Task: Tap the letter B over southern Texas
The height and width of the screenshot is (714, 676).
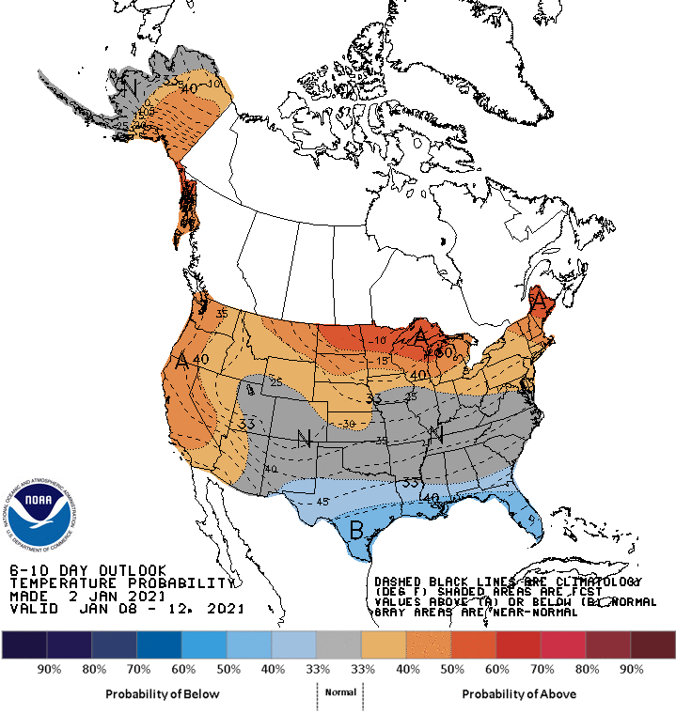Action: tap(357, 529)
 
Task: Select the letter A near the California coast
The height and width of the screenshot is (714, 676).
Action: tap(181, 361)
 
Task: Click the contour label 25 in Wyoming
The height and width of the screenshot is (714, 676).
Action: tap(275, 380)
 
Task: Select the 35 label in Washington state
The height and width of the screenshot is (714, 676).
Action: tap(222, 314)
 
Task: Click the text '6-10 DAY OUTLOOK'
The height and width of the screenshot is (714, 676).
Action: tap(87, 570)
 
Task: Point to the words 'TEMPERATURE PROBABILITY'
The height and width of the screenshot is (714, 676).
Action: tap(119, 582)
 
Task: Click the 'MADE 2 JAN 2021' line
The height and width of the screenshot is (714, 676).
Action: tap(87, 596)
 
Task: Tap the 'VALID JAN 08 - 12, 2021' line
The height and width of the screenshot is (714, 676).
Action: tap(126, 609)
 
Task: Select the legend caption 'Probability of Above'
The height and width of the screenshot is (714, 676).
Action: tap(519, 693)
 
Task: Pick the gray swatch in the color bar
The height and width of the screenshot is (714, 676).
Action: tap(338, 644)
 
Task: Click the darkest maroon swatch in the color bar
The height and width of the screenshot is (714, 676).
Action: tap(652, 644)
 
